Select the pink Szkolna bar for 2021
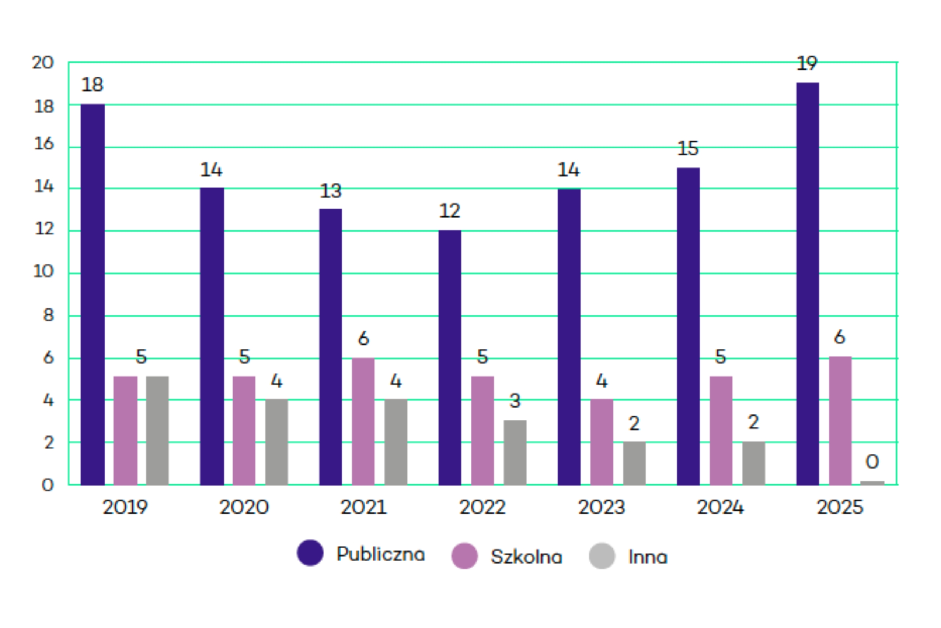click(363, 421)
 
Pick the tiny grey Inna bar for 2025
click(872, 483)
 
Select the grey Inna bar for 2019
click(157, 431)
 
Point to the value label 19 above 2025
click(807, 64)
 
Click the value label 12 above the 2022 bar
click(449, 211)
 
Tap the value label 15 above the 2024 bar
click(688, 149)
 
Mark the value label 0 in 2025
click(872, 462)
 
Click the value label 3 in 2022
click(515, 401)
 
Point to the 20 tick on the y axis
click(43, 63)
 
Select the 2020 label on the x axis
click(244, 508)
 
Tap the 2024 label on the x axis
click(721, 508)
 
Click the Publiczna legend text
click(380, 554)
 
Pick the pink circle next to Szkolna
click(464, 556)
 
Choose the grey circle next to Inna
click(602, 556)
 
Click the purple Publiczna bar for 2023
click(569, 336)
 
